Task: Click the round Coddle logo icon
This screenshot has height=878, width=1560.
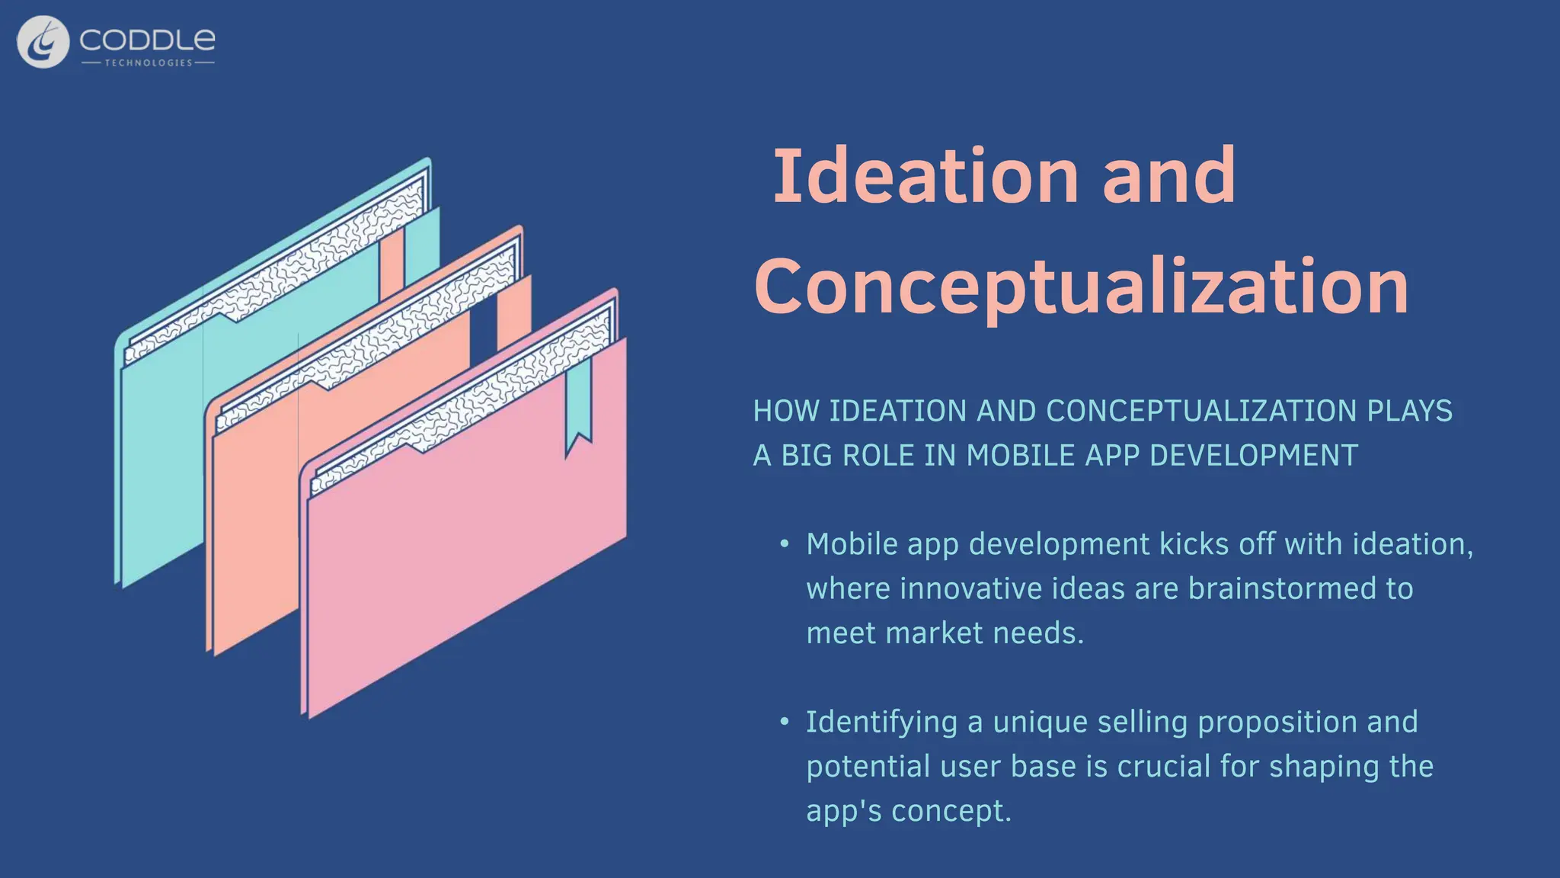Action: point(43,42)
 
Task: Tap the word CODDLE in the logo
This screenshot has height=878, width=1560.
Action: point(147,40)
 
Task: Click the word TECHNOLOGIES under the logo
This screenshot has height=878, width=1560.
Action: point(149,62)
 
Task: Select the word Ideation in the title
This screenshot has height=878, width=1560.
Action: point(925,176)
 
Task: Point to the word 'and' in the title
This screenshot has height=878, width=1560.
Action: point(1168,176)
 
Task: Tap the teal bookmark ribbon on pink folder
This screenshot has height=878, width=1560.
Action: point(578,404)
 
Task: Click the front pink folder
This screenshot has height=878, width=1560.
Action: point(465,549)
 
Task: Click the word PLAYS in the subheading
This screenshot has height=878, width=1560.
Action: point(1409,412)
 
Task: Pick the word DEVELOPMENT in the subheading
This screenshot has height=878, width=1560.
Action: point(1253,456)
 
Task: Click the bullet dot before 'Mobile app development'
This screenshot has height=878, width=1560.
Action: point(784,545)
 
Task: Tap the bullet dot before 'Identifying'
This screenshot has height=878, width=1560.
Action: point(784,723)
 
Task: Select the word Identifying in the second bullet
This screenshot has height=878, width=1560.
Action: point(881,723)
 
